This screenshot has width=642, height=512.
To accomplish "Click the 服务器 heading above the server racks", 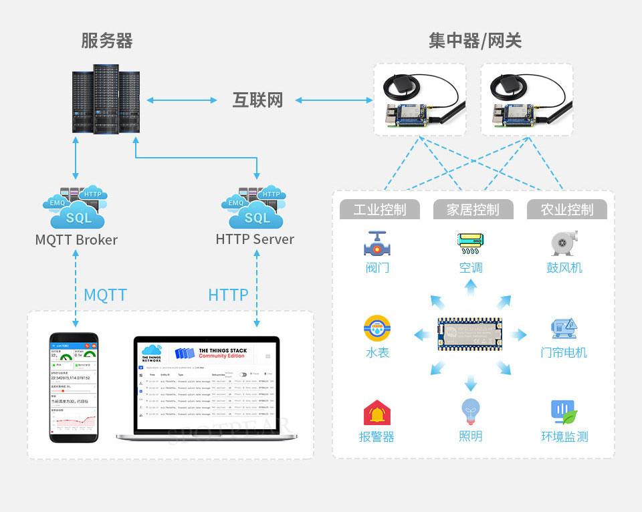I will [x=107, y=41].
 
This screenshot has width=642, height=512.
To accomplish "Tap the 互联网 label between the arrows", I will [x=257, y=100].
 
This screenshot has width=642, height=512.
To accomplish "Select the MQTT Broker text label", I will [x=76, y=239].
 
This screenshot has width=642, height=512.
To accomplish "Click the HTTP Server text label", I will [x=255, y=239].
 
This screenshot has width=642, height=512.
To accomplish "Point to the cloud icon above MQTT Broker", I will [x=74, y=208].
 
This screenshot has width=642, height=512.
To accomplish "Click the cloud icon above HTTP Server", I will [x=255, y=208].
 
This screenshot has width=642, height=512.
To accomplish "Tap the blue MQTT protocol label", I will [x=105, y=295].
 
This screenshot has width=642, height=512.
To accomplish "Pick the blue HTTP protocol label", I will [x=228, y=295].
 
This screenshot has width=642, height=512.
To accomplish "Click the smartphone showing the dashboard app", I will [x=74, y=387].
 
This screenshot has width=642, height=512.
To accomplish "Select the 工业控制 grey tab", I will [x=380, y=209].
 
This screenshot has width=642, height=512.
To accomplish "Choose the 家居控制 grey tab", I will [x=473, y=209].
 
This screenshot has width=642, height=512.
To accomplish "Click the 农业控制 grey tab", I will [x=568, y=209].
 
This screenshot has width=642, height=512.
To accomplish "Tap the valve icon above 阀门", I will [x=378, y=245].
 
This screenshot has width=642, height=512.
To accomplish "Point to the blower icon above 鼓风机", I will [x=564, y=244].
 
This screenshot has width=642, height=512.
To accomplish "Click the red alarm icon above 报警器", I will [x=377, y=413].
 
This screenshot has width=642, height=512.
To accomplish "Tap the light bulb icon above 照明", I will [x=471, y=412].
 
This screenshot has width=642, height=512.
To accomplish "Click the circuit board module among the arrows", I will [x=471, y=332].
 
